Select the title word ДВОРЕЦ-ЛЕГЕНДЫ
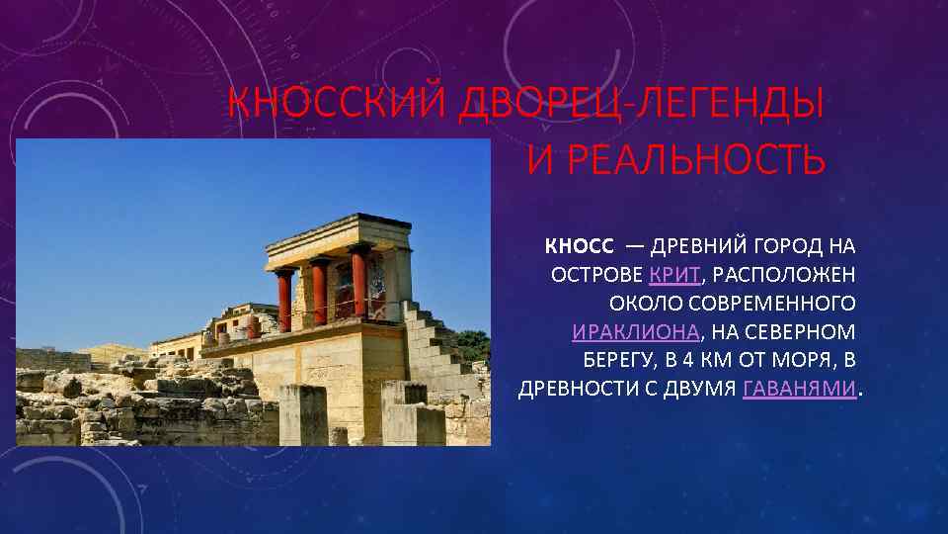pos(639,102)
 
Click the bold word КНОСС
pos(579,244)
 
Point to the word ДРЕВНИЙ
pos(698,244)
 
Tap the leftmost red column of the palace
pos(284,299)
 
